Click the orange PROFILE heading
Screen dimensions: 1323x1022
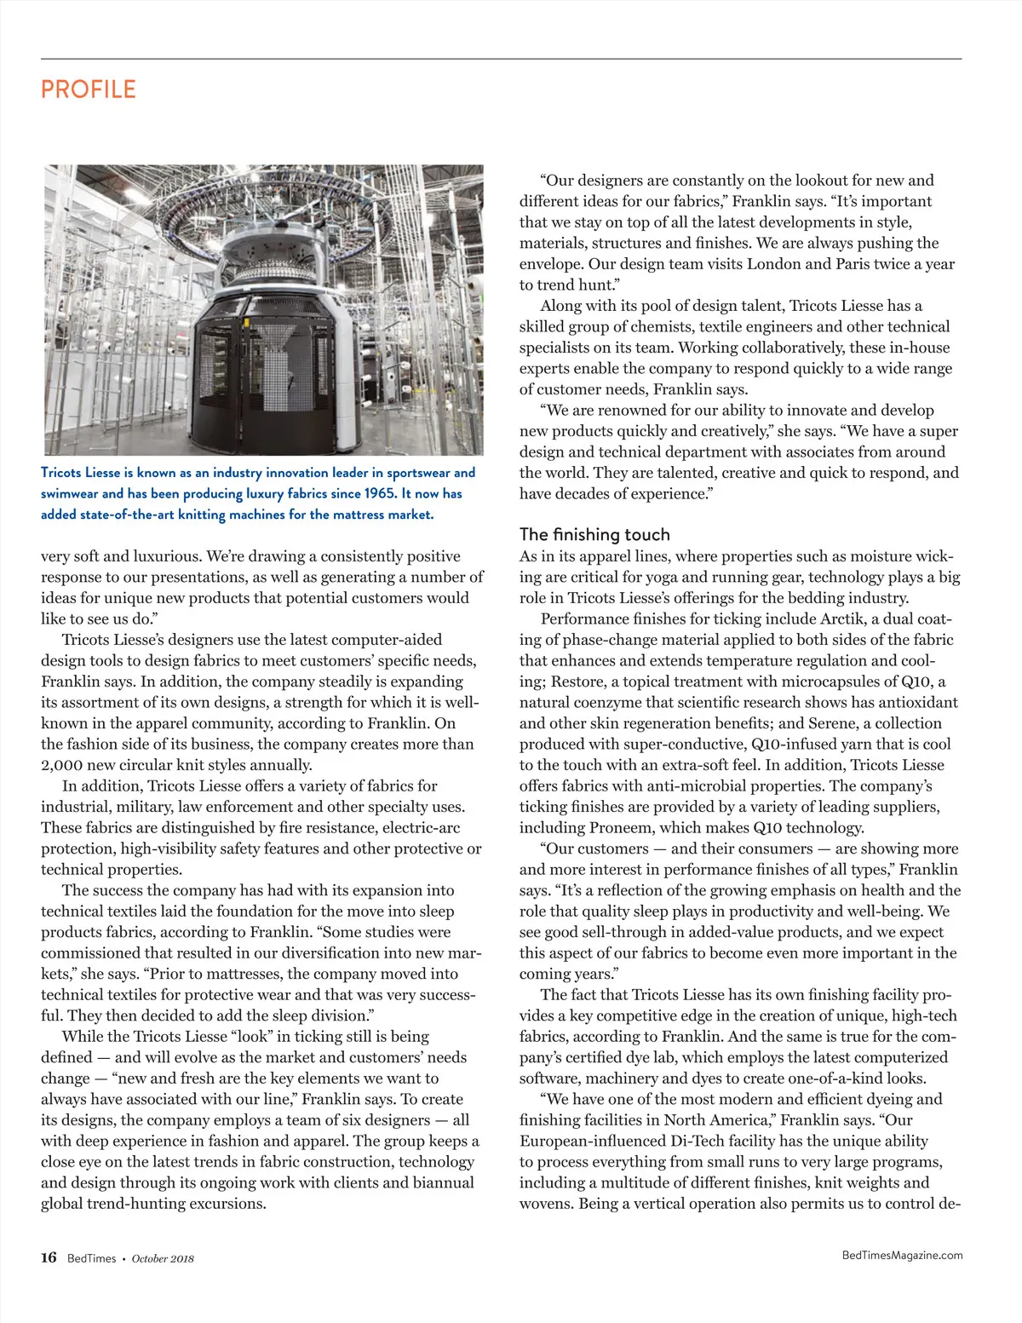pos(89,89)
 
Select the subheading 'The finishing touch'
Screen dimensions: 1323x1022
pos(594,534)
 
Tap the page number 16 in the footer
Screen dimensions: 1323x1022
pos(49,1257)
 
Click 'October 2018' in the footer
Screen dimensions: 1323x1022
pos(164,1258)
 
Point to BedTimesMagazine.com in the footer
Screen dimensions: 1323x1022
pos(902,1255)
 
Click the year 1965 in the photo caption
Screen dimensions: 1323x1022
pos(380,493)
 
